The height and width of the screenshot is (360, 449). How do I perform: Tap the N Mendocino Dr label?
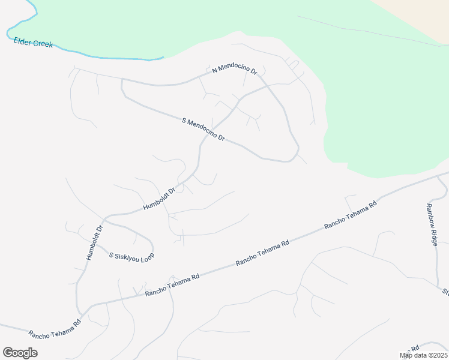click(235, 70)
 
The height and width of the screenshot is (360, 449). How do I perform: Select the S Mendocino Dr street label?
click(203, 130)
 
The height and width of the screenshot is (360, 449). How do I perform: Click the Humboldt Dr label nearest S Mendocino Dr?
click(159, 199)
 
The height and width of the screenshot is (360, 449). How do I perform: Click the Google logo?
click(20, 352)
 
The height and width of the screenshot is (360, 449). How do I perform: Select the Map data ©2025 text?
click(423, 355)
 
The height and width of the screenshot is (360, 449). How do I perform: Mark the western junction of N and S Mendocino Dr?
click(122, 80)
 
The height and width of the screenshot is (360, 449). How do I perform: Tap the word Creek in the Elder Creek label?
click(42, 44)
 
